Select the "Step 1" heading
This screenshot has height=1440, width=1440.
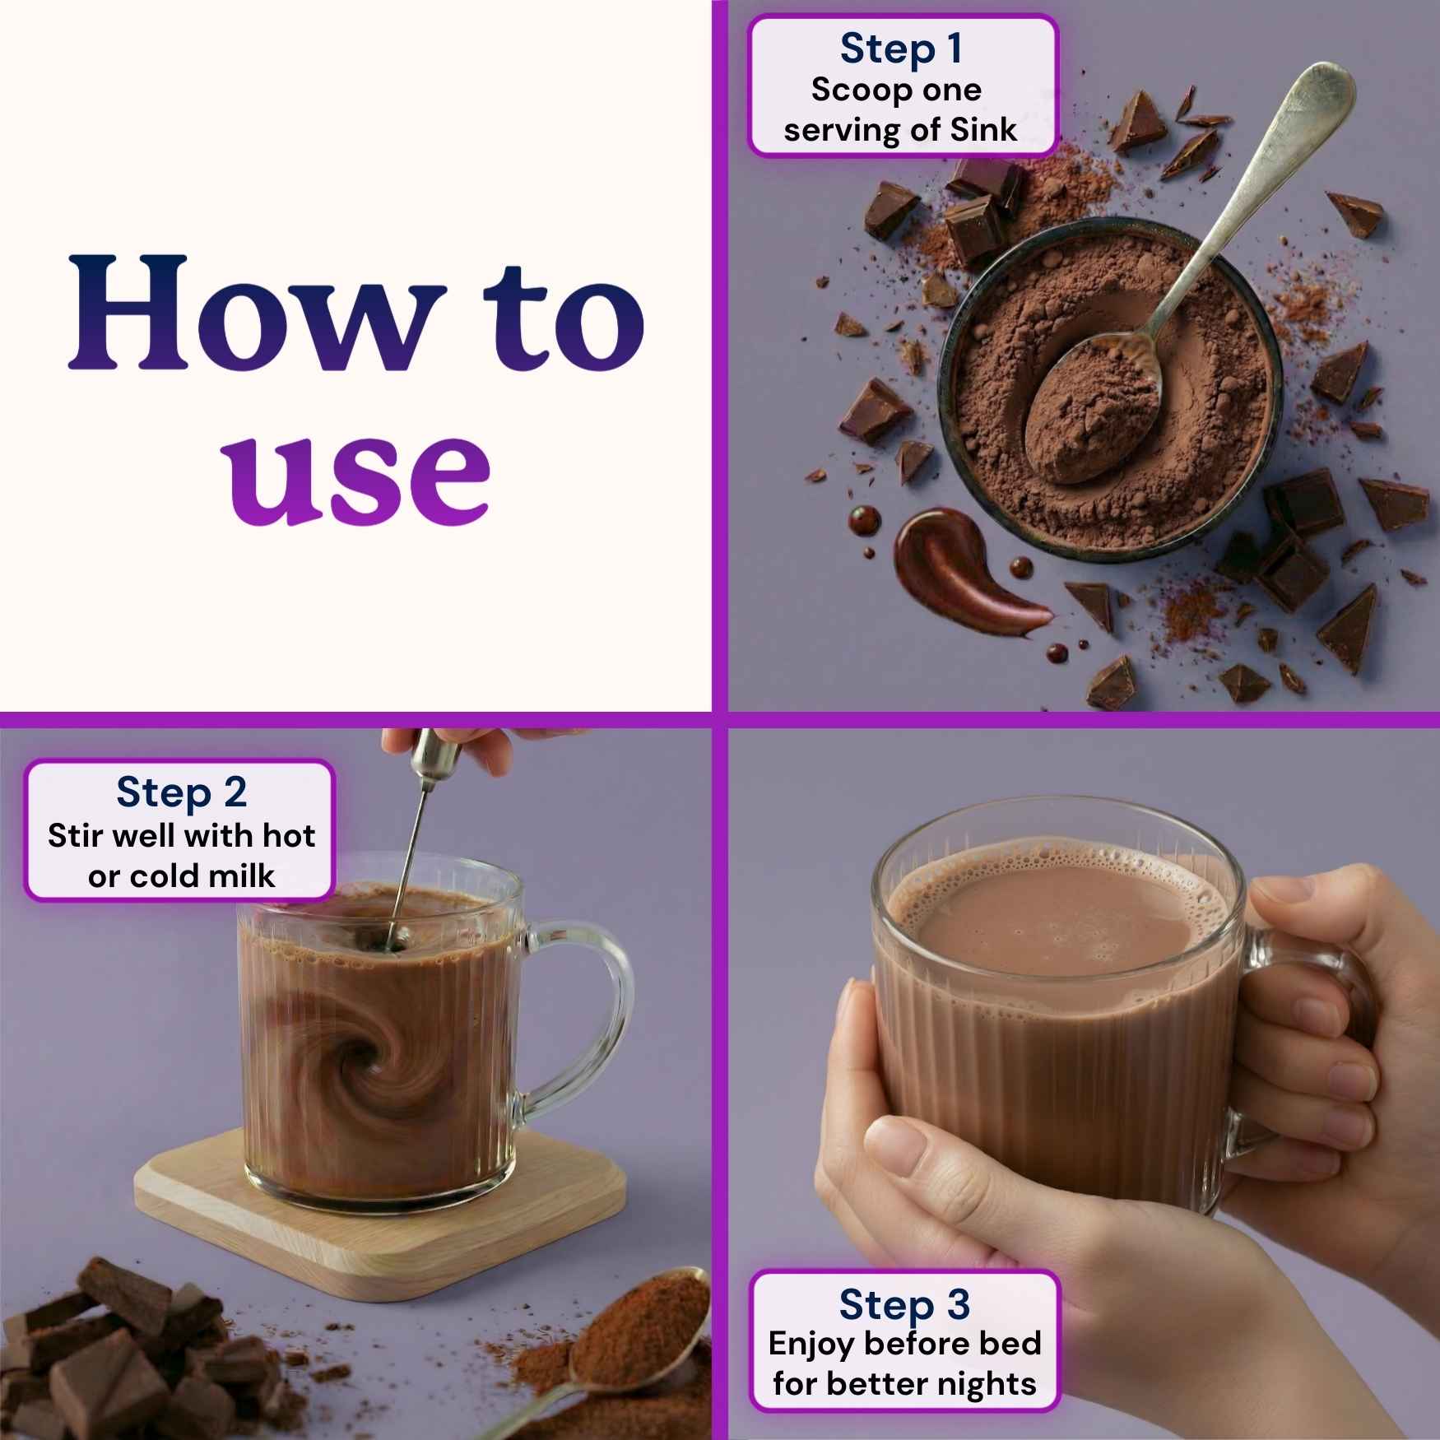coord(901,49)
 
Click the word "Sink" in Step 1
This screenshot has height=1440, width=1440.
coord(983,130)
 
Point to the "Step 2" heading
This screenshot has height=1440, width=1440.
coord(182,792)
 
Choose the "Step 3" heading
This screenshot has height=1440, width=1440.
coord(904,1304)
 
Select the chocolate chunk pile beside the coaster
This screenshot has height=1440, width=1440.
coord(132,1358)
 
